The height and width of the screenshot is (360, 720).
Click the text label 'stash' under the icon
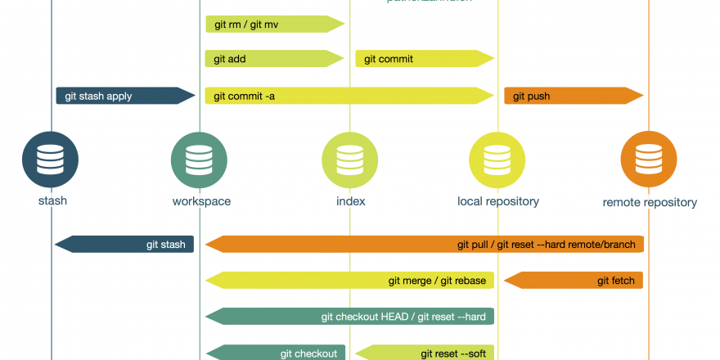point(52,201)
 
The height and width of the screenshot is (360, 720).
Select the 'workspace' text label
point(201,201)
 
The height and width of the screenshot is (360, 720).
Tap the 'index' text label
point(350,201)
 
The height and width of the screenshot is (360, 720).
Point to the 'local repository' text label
point(498,201)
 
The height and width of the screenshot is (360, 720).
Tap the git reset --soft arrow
point(425,353)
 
